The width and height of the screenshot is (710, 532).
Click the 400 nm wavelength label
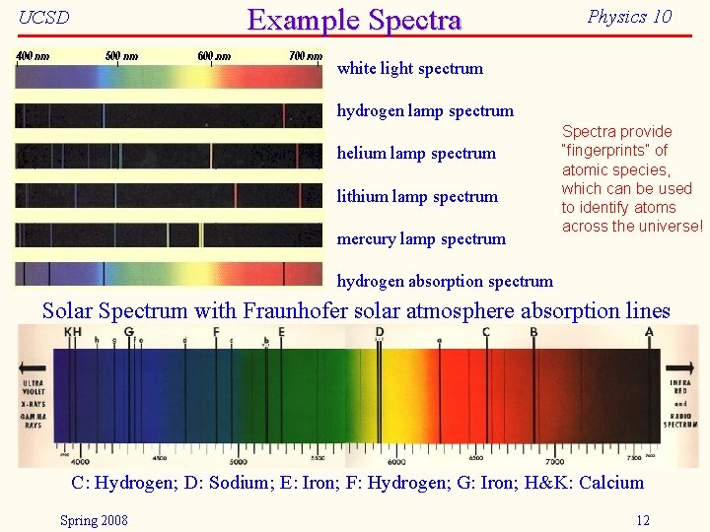(33, 56)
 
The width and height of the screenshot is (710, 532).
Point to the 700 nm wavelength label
(305, 56)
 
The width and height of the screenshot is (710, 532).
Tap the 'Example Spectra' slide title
(354, 20)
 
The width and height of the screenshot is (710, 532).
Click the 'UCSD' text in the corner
(44, 18)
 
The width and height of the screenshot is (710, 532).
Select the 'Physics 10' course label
(629, 17)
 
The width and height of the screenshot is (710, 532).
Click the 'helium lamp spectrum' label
(416, 154)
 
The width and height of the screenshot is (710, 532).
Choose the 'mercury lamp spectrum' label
(421, 238)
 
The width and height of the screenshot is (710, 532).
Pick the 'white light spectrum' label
(410, 69)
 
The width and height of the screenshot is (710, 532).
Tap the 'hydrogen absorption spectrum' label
(445, 281)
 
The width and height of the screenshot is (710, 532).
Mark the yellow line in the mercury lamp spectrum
(202, 234)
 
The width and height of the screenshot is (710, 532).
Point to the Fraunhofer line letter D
(380, 333)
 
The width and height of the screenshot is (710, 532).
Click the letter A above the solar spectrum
(648, 333)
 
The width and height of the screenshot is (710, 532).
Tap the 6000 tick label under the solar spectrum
(396, 460)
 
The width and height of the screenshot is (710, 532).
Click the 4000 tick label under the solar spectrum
(79, 460)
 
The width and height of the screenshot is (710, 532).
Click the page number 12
(643, 520)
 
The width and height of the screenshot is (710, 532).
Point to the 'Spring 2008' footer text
(94, 520)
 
